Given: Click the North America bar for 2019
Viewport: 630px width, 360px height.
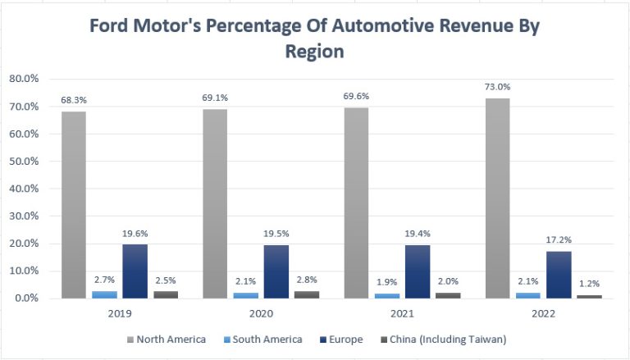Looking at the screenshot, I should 74,205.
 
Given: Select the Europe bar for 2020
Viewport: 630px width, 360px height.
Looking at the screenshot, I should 276,271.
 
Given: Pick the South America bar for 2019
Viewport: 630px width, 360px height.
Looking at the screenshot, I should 103,294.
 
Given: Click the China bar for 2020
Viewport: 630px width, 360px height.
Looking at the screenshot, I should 306,294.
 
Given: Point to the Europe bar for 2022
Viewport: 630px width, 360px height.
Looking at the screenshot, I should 558,275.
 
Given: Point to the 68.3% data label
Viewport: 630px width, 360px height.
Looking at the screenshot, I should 74,101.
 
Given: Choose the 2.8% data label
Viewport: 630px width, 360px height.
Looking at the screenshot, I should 306,280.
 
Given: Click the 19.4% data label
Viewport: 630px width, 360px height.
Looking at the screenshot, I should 417,235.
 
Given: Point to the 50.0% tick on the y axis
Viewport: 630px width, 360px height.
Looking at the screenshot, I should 25,162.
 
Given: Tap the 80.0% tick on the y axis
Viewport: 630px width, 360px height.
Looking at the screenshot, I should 25,80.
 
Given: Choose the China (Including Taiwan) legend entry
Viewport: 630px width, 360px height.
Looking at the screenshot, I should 441,339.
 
